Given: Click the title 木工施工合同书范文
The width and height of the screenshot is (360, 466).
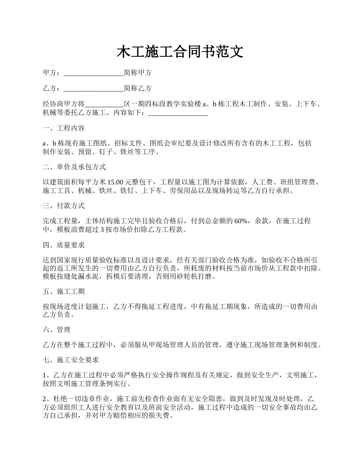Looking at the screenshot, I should [180, 52].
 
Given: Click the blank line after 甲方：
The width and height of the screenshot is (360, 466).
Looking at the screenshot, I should [94, 73].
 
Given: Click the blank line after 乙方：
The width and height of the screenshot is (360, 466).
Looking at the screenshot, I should [94, 89].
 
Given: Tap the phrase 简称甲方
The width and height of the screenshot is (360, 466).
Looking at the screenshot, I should [138, 73].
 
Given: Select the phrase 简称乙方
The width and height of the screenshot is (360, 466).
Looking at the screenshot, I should [138, 88].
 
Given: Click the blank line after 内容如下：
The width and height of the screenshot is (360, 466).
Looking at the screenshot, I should [178, 113].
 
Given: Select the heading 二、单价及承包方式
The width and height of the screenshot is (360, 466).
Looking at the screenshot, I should [74, 167].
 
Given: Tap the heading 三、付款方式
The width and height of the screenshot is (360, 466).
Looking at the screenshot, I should [64, 206].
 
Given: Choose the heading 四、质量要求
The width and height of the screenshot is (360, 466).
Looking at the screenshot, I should [64, 245].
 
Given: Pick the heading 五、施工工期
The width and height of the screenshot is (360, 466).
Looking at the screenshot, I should [64, 291].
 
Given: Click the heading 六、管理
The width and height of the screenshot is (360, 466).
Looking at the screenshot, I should [57, 330].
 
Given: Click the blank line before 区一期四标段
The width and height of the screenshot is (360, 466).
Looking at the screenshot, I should [104, 104].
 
